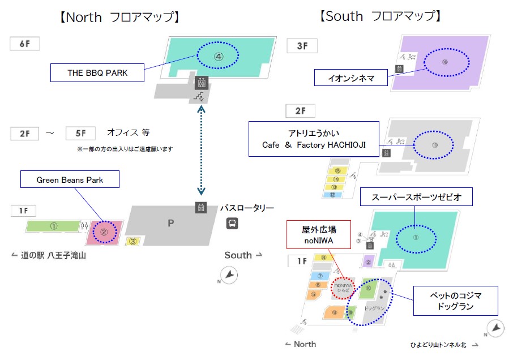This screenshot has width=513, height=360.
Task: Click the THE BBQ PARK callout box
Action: point(97,72)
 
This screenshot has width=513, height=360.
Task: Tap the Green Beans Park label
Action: point(70,180)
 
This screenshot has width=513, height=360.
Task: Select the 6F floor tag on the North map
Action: point(24,44)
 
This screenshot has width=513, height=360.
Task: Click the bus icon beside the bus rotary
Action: point(232,224)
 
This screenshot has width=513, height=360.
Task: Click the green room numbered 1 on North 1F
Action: point(53,226)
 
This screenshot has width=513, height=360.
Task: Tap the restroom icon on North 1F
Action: point(85,226)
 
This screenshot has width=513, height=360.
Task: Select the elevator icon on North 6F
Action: point(200,83)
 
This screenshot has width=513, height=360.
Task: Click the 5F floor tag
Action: point(80,134)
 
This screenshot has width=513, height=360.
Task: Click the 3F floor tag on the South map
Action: point(301,45)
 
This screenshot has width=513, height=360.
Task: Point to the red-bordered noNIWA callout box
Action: point(318,234)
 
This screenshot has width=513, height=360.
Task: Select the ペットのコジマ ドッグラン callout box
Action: point(456,301)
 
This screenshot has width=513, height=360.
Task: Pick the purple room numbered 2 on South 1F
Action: point(367,262)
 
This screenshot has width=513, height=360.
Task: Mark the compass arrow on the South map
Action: point(495,328)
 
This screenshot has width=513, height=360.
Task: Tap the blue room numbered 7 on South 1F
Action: point(320,276)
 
